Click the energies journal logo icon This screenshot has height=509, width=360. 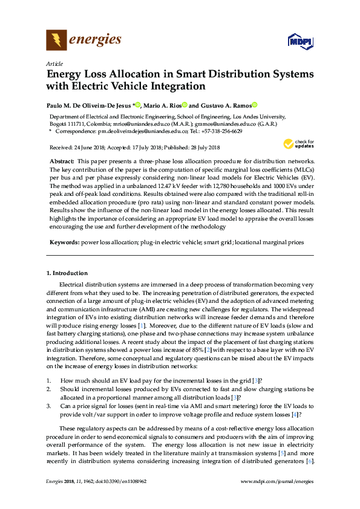coord(56,41)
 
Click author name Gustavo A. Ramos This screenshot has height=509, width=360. coord(224,105)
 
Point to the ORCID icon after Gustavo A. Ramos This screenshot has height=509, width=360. coord(255,104)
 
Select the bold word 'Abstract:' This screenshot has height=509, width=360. coord(61,163)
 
